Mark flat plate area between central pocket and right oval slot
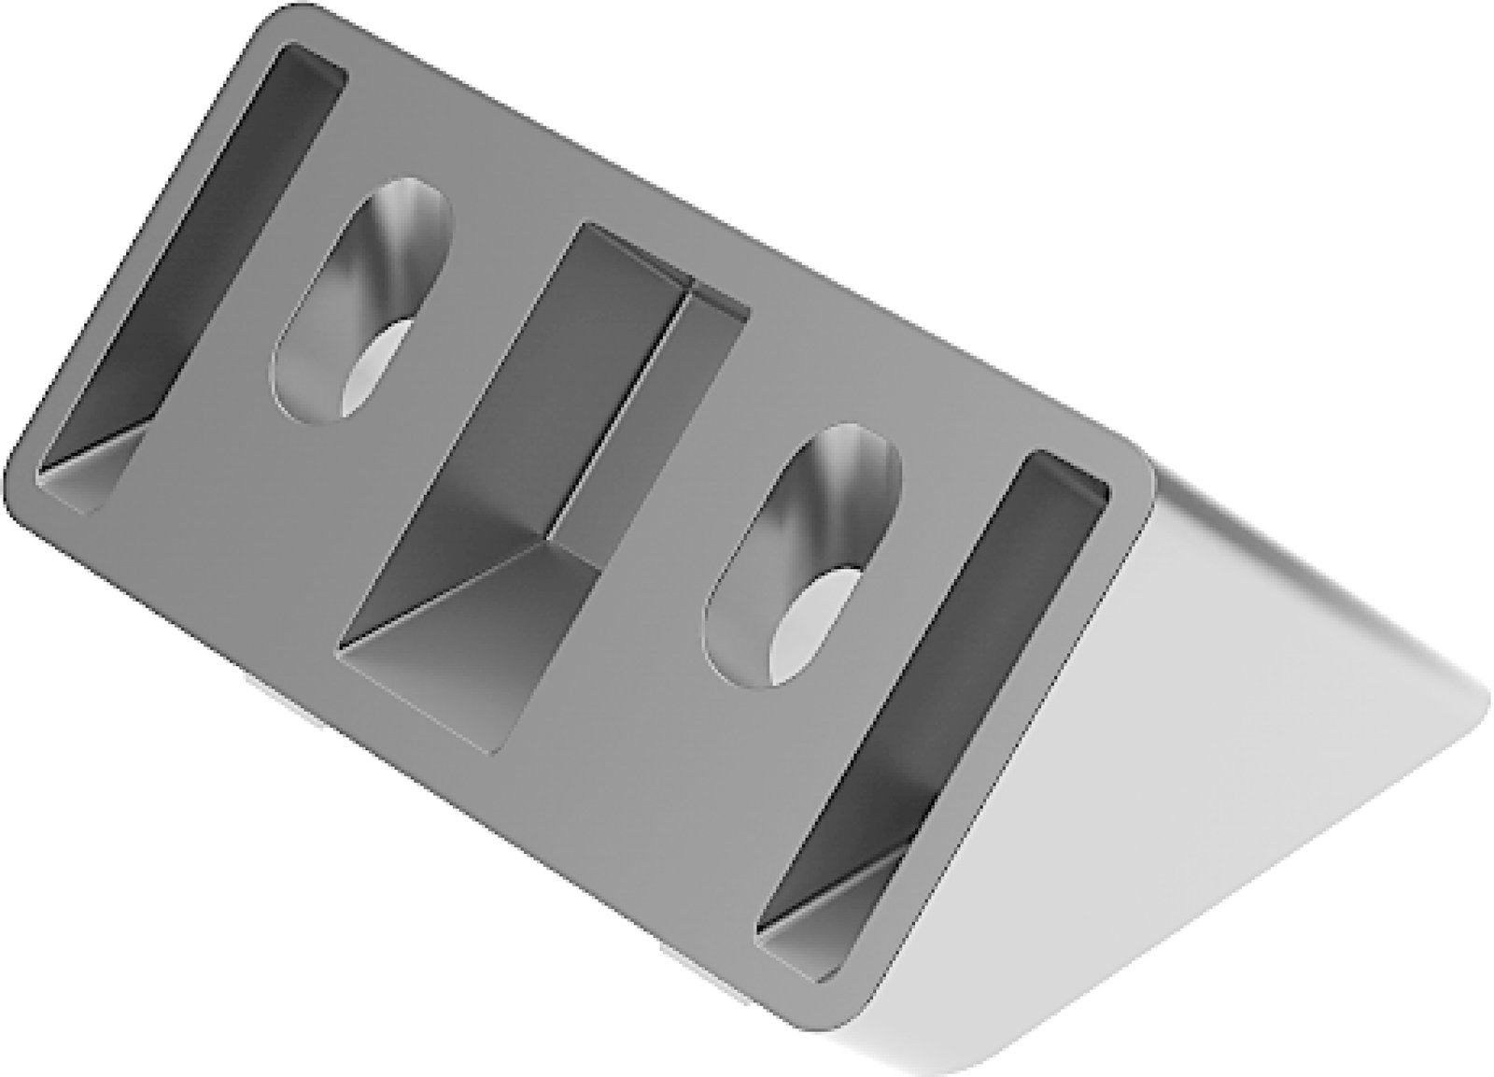(654, 607)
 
